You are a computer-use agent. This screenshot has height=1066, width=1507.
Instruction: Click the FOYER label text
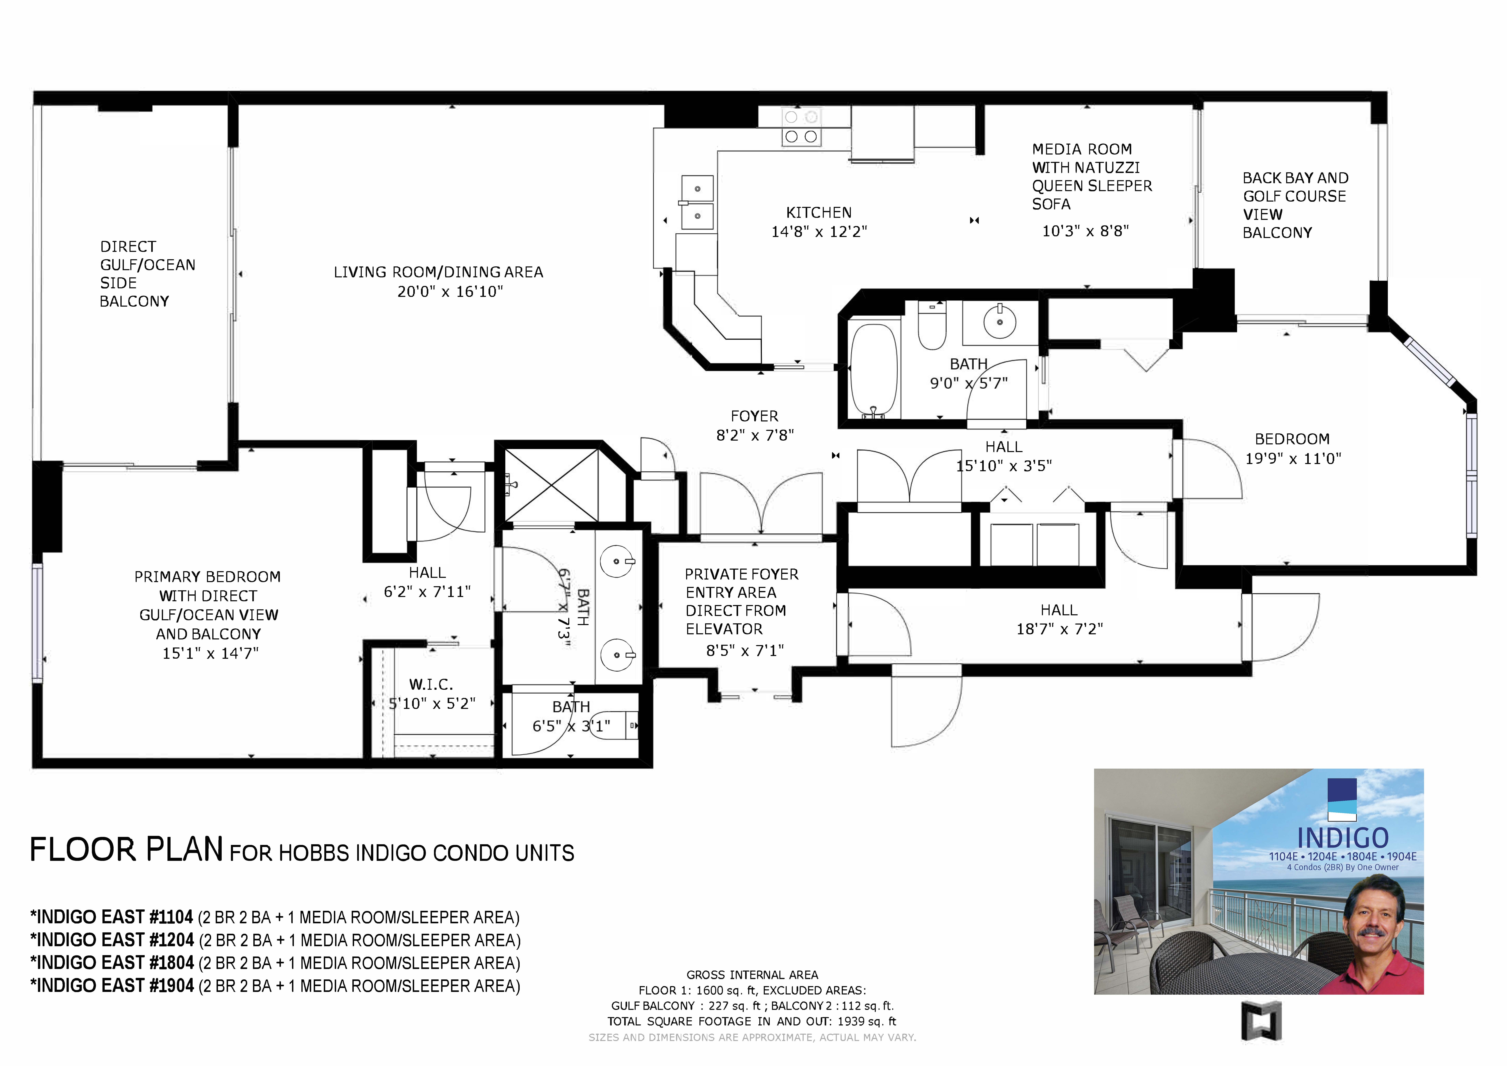754,416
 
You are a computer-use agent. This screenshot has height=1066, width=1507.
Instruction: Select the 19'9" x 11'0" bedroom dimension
1293,459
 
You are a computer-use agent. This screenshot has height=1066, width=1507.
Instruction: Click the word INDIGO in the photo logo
1343,838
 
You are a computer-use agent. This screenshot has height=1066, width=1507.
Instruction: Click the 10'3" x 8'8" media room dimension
1086,231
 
